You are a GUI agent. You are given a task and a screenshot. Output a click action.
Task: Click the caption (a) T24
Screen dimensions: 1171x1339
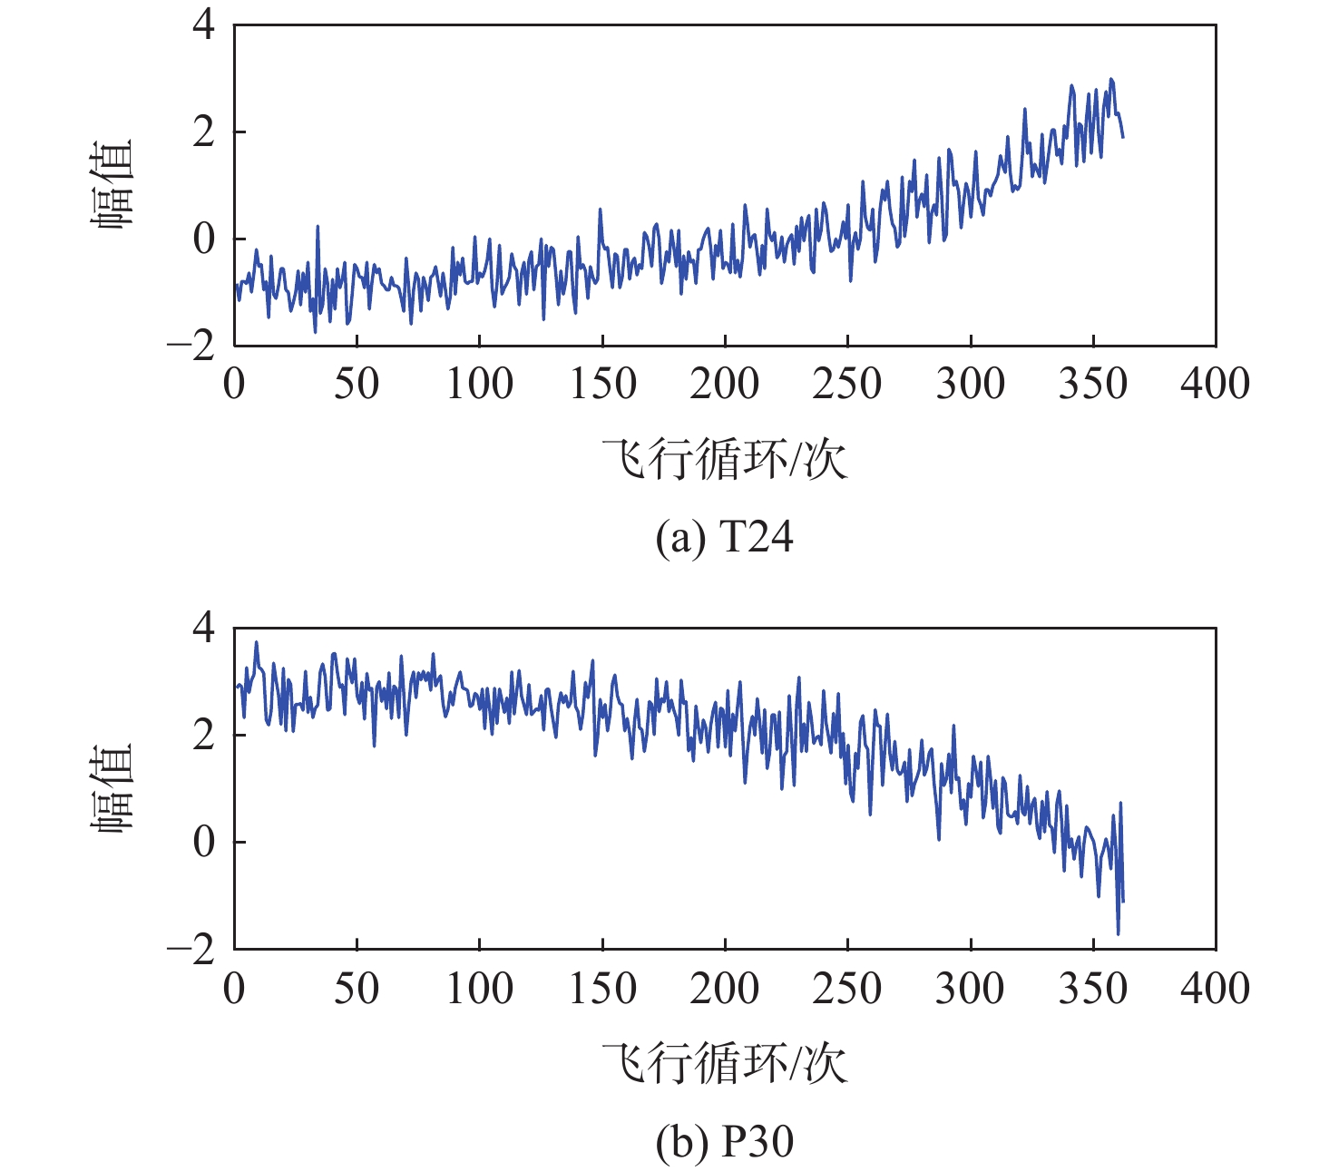click(x=724, y=537)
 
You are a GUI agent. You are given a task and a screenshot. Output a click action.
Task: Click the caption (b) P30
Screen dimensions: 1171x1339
click(x=724, y=1141)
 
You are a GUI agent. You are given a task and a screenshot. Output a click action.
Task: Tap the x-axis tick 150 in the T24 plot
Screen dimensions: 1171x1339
click(x=602, y=384)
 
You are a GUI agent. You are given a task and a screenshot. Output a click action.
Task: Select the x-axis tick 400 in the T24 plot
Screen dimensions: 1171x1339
click(x=1214, y=384)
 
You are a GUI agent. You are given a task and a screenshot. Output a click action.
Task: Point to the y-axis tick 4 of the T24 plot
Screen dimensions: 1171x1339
click(x=204, y=24)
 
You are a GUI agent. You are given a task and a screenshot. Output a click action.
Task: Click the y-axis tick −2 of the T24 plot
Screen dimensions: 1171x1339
click(x=191, y=346)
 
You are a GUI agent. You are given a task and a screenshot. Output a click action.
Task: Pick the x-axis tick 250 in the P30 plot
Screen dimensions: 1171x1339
click(x=846, y=988)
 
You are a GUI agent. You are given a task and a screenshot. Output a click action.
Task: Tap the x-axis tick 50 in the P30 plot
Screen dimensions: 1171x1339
click(x=357, y=988)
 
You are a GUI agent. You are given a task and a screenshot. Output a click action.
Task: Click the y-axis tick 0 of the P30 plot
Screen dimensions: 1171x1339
click(x=204, y=842)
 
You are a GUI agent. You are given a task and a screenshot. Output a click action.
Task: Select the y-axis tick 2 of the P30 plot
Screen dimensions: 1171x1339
click(x=204, y=735)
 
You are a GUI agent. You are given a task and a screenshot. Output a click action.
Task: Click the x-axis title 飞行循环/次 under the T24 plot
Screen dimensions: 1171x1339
click(x=724, y=459)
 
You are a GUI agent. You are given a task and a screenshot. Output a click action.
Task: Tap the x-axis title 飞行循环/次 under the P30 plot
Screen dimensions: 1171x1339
click(x=724, y=1063)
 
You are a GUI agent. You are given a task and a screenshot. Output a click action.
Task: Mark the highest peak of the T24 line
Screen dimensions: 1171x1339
click(x=1111, y=80)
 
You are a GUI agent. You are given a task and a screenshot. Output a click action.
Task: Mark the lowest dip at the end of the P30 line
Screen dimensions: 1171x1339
click(x=1118, y=933)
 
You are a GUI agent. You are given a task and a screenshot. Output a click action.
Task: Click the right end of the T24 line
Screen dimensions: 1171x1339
click(x=1123, y=137)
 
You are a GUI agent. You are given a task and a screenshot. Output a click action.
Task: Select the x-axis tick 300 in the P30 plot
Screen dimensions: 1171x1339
click(x=970, y=988)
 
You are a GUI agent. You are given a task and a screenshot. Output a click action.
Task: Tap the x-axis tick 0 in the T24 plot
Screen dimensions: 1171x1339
click(x=234, y=384)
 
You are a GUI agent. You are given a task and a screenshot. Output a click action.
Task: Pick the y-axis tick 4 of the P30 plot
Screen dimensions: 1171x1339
click(x=204, y=628)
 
